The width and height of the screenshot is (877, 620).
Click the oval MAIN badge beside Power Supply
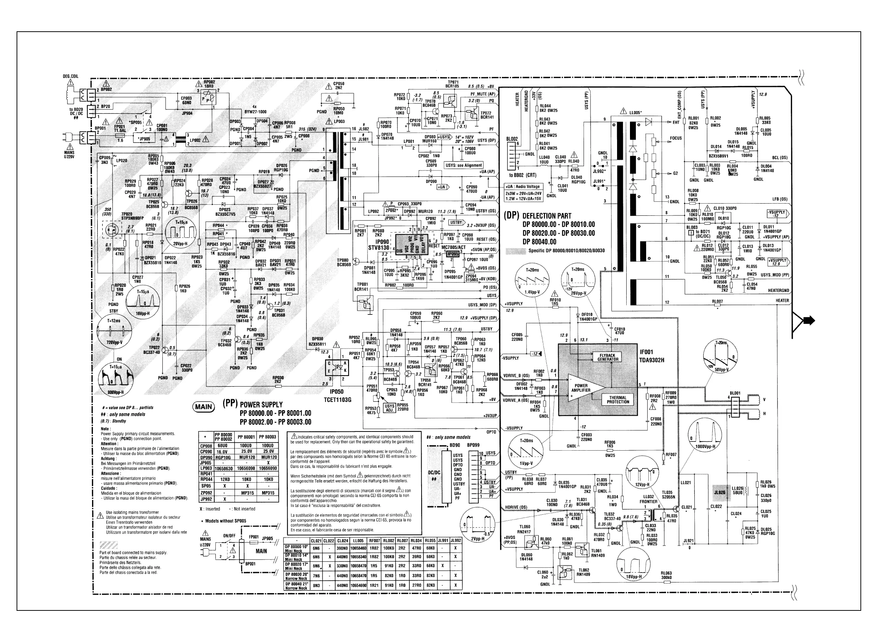[204, 407]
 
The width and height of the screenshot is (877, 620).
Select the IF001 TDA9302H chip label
[652, 356]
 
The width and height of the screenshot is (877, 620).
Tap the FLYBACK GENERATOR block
[608, 357]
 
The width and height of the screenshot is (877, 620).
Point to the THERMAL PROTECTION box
[618, 399]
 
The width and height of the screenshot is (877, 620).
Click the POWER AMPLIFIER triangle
[581, 388]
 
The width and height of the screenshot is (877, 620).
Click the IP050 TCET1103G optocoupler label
[337, 396]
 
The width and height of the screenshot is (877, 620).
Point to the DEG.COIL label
[71, 76]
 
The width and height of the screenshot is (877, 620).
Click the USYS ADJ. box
[389, 408]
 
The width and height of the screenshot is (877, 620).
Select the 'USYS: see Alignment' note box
[464, 165]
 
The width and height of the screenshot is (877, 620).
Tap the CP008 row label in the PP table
[206, 445]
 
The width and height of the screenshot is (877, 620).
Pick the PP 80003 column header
[268, 437]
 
